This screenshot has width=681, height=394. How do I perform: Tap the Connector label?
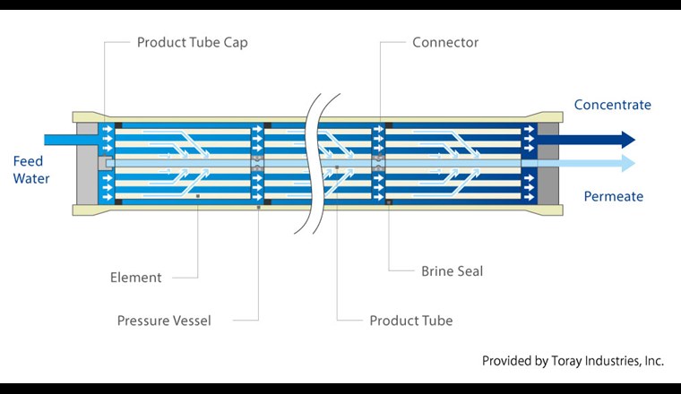pyautogui.click(x=445, y=42)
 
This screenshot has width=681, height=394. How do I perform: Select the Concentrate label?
pyautogui.click(x=613, y=105)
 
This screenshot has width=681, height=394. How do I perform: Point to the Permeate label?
pyautogui.click(x=614, y=196)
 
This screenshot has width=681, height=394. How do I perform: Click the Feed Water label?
pyautogui.click(x=31, y=170)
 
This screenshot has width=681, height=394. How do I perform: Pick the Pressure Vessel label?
pyautogui.click(x=164, y=321)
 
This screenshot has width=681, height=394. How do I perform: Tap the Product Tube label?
pyautogui.click(x=411, y=321)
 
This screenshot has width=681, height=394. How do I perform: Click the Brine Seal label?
pyautogui.click(x=452, y=270)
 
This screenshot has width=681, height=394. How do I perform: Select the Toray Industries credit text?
pyautogui.click(x=573, y=361)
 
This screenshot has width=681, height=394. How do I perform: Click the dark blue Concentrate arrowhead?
pyautogui.click(x=627, y=140)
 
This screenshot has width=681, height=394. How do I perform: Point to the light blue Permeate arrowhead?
pyautogui.click(x=627, y=163)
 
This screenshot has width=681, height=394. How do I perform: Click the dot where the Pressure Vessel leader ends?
pyautogui.click(x=258, y=207)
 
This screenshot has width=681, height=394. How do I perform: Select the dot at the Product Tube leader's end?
pyautogui.click(x=337, y=167)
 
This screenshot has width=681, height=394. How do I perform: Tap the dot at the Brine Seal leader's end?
pyautogui.click(x=388, y=202)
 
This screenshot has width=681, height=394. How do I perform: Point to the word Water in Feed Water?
pyautogui.click(x=31, y=179)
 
